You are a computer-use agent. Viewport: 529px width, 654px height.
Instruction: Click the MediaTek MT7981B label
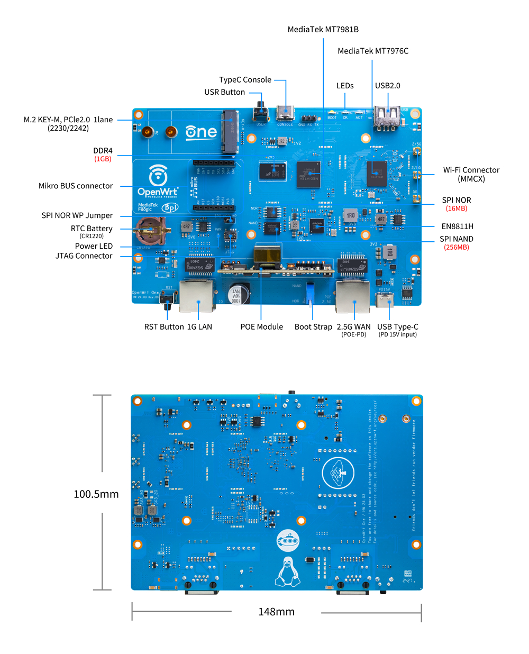tap(323, 30)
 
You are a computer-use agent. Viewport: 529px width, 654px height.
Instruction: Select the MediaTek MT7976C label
tap(373, 51)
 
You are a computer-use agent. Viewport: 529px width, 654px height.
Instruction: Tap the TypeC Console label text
tap(245, 80)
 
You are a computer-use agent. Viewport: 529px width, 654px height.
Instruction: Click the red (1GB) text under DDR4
tap(103, 159)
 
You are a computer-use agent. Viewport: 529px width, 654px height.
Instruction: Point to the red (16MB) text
tap(456, 208)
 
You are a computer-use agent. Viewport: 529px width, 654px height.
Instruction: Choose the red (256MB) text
tap(456, 247)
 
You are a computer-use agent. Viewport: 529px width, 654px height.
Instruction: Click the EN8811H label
tap(457, 226)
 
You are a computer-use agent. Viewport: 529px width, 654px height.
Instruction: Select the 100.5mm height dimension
tap(96, 494)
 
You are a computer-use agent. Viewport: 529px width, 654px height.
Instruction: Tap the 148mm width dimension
tap(276, 612)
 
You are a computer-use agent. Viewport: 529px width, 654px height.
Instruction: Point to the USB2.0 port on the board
tap(387, 117)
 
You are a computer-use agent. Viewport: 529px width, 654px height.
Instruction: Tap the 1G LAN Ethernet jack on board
tap(197, 296)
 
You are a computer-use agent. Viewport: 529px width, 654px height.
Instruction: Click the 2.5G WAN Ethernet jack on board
tap(353, 296)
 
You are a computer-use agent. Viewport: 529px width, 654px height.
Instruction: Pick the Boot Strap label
tap(313, 327)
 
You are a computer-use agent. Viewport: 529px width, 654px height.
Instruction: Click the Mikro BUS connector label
tap(76, 186)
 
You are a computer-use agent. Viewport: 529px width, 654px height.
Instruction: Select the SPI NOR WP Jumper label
tap(77, 216)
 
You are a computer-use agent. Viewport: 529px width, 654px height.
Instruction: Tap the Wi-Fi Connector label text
tap(471, 170)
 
